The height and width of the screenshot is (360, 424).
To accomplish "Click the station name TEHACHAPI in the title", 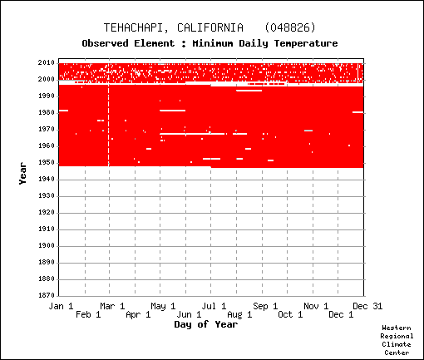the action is click(x=136, y=27).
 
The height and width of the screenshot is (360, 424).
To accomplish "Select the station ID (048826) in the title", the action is click(x=290, y=27).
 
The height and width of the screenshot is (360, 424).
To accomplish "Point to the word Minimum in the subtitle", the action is click(x=213, y=43).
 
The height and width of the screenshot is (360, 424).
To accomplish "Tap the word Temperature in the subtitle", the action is click(x=306, y=43).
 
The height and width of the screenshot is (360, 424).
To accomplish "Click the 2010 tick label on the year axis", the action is click(x=47, y=62).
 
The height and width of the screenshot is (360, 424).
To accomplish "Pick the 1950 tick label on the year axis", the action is click(x=47, y=162).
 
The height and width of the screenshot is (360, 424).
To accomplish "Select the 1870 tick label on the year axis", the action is click(x=47, y=295).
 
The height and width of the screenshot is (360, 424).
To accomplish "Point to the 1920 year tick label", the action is click(x=47, y=212).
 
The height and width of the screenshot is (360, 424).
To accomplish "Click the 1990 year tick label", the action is click(x=47, y=96).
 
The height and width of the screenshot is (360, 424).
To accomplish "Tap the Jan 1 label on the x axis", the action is click(x=61, y=306).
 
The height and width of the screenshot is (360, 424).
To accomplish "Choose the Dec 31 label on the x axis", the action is click(x=367, y=306).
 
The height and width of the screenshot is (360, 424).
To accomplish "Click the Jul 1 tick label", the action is click(x=214, y=306).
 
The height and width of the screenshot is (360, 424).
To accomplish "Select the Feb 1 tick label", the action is click(x=88, y=314).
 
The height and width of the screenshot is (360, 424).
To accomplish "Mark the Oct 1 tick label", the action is click(x=290, y=314).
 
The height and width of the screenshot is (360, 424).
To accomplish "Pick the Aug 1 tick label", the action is click(x=239, y=314).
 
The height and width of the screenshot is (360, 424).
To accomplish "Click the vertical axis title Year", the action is click(x=22, y=174).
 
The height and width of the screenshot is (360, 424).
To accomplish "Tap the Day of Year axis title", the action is click(x=206, y=324).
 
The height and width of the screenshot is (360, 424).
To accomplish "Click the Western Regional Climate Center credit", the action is click(x=397, y=340).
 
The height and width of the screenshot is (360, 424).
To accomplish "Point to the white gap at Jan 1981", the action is click(x=63, y=111).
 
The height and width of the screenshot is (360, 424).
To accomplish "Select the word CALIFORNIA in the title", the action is click(x=210, y=27).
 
